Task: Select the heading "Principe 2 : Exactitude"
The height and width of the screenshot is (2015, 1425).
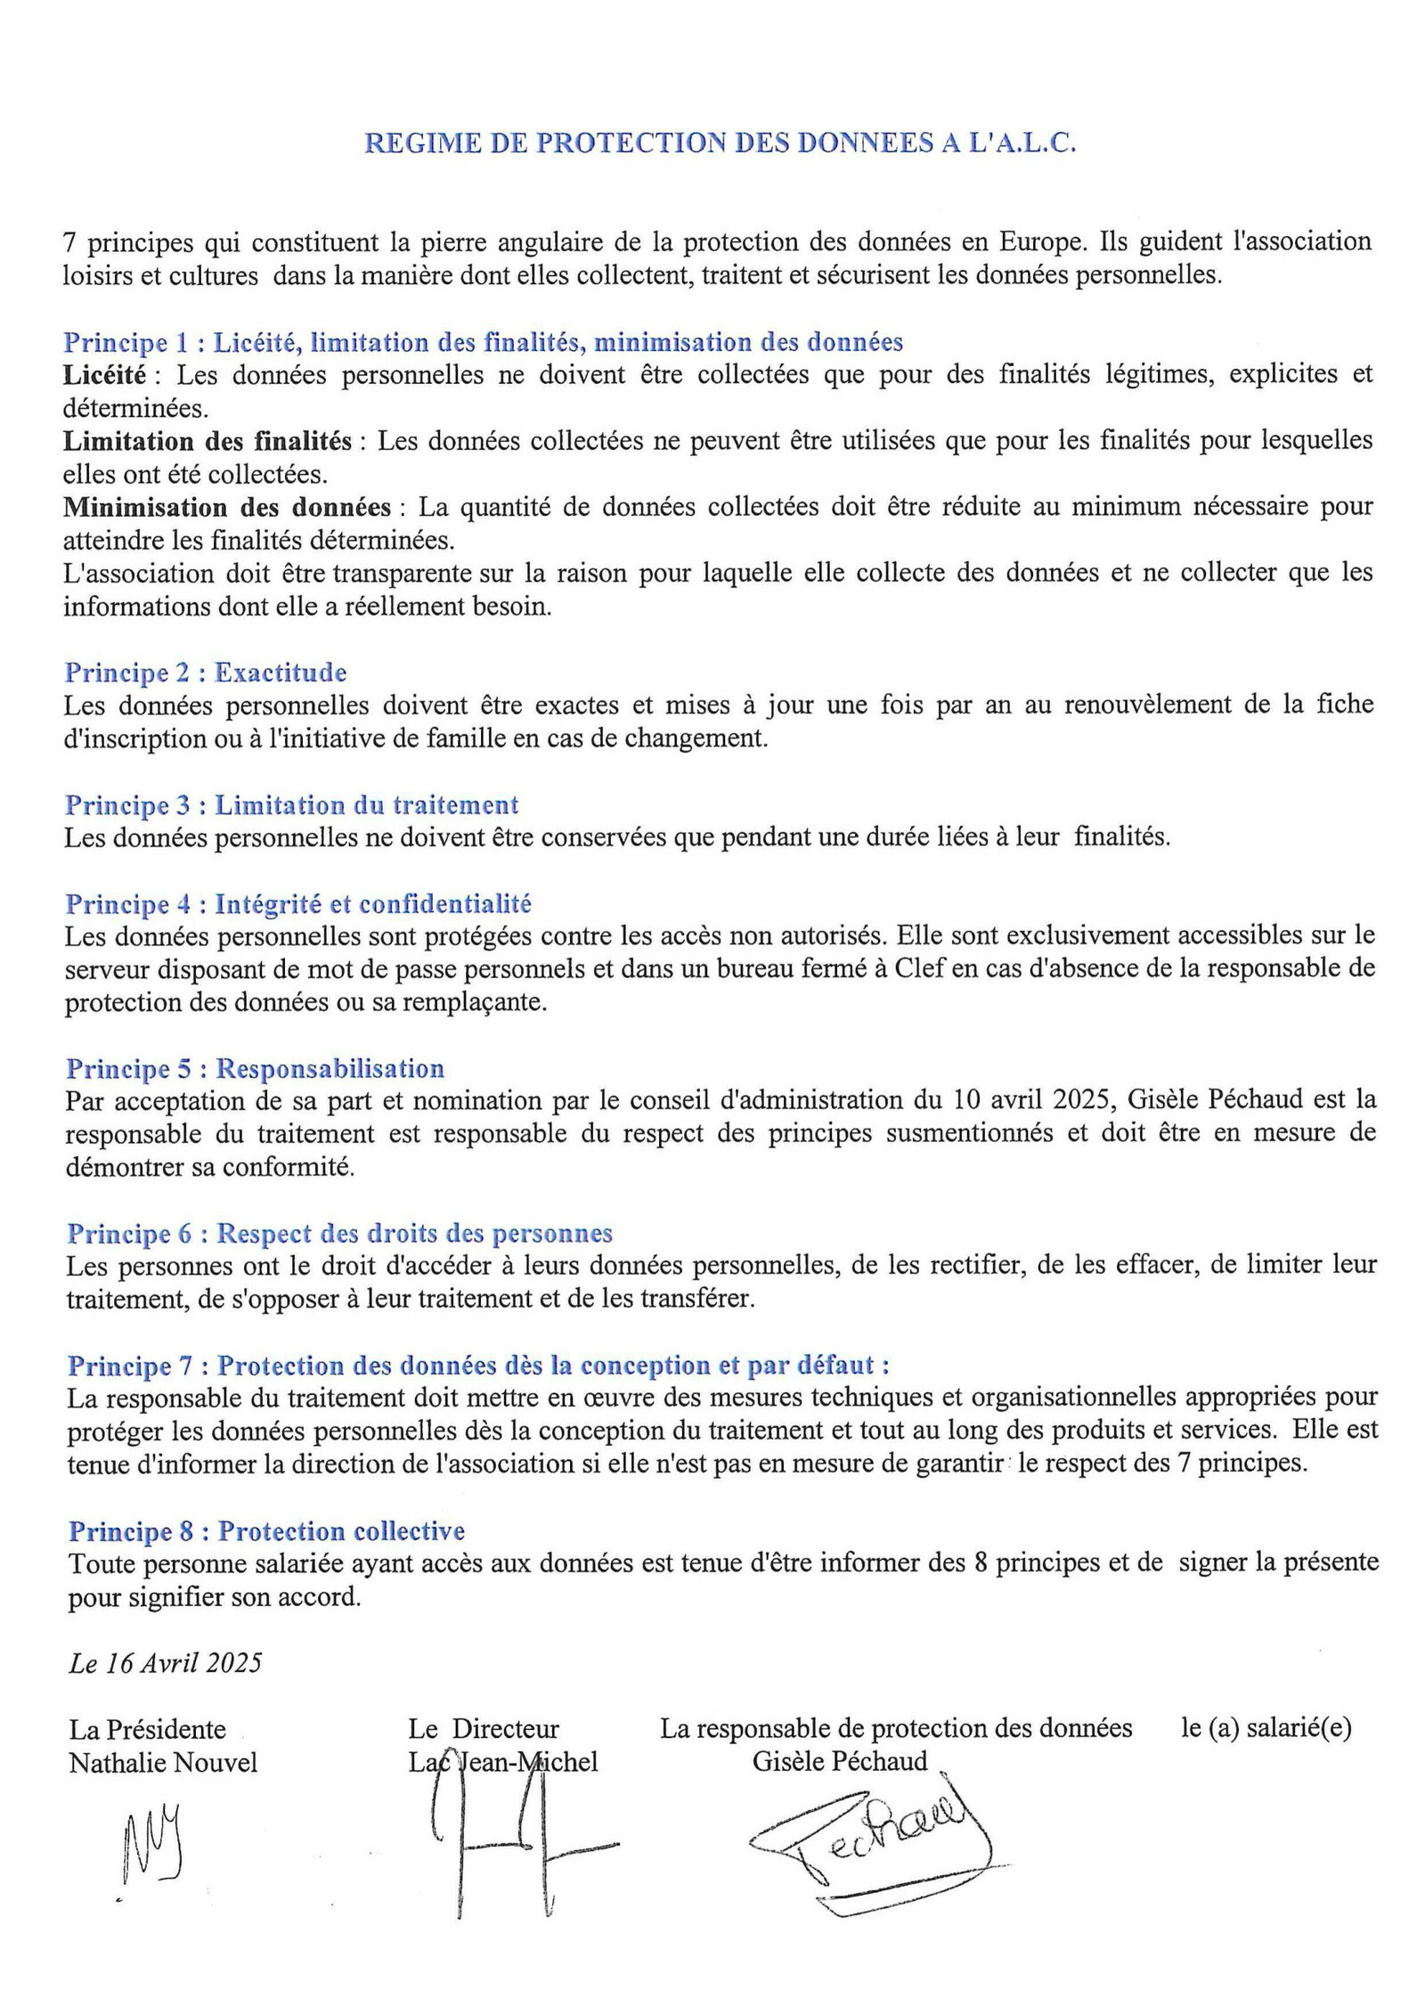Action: tap(206, 673)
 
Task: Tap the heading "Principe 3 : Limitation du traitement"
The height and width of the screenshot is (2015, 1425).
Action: tap(291, 805)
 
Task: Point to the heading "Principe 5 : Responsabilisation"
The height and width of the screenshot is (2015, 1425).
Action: tap(255, 1069)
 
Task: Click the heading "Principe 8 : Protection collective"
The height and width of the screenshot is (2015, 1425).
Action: tap(267, 1531)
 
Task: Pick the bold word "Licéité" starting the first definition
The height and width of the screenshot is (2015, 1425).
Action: tap(103, 375)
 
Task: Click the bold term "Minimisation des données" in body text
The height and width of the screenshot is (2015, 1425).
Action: tap(227, 508)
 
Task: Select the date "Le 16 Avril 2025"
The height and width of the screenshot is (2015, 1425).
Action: tap(165, 1663)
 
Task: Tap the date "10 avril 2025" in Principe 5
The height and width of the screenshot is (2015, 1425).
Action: tap(1033, 1100)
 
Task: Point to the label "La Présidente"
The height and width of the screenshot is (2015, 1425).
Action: tap(148, 1729)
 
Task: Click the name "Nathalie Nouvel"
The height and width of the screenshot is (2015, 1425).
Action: tap(163, 1762)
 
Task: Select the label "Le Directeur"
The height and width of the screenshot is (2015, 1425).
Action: tap(484, 1729)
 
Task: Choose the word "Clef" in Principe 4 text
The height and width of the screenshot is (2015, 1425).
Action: tap(900, 968)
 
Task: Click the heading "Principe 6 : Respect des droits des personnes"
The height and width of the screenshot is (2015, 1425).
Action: tap(340, 1234)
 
